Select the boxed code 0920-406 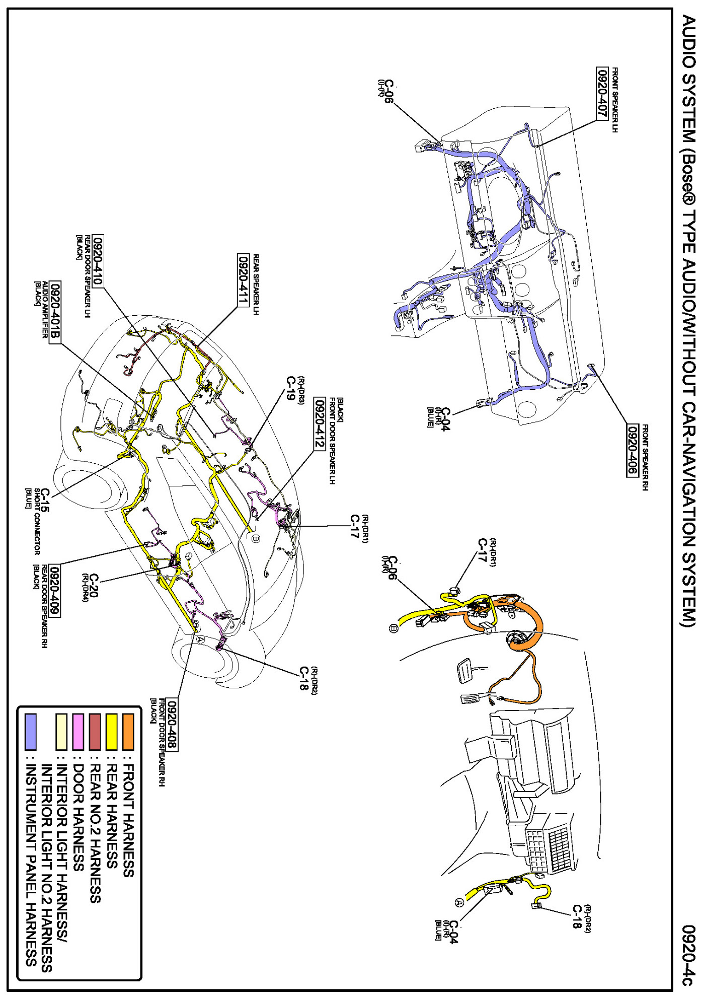coord(632,450)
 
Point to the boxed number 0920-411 coord(243,279)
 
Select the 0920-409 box coord(54,591)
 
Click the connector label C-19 coord(290,388)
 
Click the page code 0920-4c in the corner coord(688,955)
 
